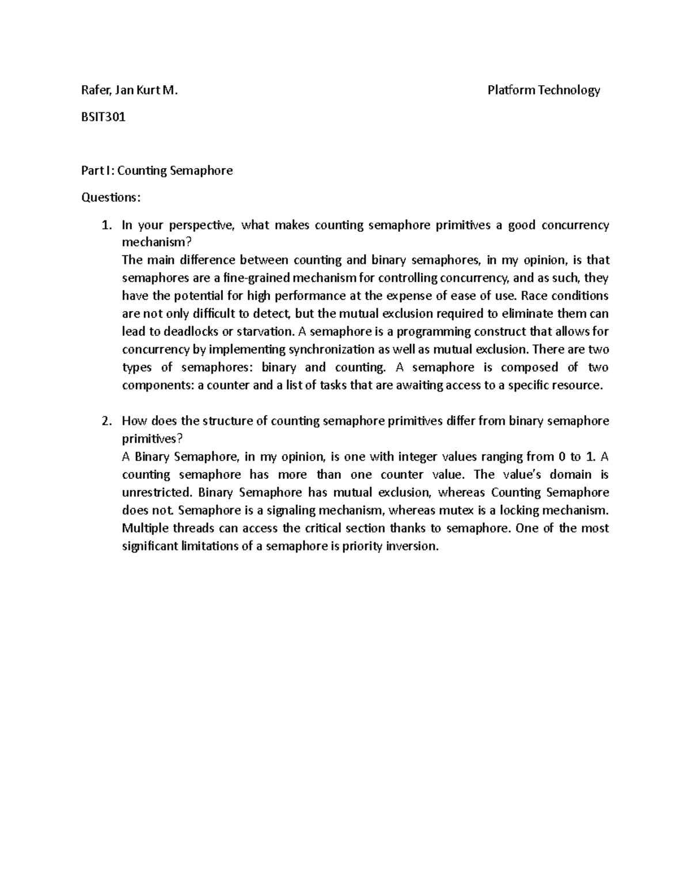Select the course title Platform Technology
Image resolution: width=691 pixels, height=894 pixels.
pos(544,90)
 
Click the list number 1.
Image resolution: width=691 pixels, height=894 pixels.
pos(105,225)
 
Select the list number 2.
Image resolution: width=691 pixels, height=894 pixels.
pos(105,421)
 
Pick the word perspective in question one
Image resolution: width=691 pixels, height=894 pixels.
pos(203,225)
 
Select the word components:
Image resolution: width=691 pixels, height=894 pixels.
pos(158,385)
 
